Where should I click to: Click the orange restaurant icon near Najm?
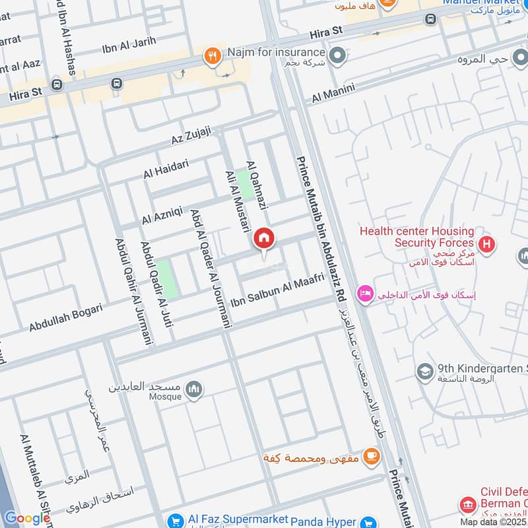point(212,55)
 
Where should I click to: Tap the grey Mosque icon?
point(193,389)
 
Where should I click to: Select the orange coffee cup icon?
point(372,455)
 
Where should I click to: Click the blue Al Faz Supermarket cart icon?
point(175,520)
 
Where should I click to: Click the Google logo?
point(26,517)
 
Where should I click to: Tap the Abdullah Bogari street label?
point(65,317)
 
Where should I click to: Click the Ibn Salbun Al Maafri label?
point(277,291)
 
